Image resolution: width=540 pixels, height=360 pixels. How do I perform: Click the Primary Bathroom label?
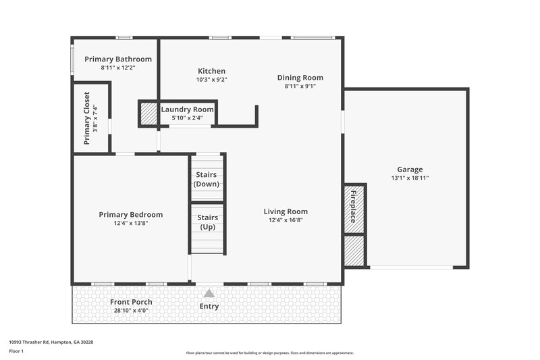(117, 59)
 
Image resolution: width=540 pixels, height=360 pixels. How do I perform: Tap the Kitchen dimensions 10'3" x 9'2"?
(211, 80)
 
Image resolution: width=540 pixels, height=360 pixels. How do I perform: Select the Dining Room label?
(300, 78)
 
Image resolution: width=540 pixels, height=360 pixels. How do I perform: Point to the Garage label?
(410, 170)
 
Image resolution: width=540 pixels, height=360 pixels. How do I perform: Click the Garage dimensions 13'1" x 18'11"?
(410, 178)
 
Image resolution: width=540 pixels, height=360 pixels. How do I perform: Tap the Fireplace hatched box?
(354, 208)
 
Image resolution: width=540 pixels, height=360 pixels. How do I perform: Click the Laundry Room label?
(187, 109)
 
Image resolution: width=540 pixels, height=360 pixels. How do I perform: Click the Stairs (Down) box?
(207, 178)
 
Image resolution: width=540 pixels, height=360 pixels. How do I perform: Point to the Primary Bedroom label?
(130, 215)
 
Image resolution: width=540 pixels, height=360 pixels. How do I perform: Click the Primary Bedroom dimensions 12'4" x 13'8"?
(130, 223)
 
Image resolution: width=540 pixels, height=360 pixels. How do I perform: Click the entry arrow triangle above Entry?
(209, 294)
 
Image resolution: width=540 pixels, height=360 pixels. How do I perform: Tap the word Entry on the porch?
(209, 307)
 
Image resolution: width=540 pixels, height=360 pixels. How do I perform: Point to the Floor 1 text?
(17, 352)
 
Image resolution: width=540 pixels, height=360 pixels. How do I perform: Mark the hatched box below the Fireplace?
(354, 251)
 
